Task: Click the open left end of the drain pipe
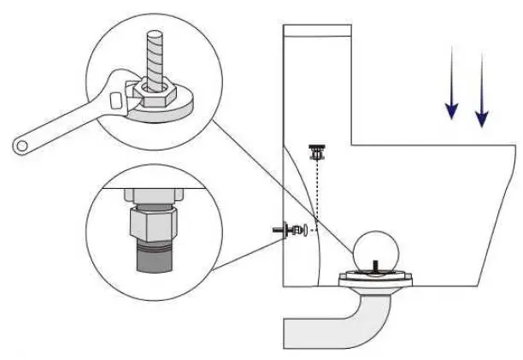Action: tap(289, 332)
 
